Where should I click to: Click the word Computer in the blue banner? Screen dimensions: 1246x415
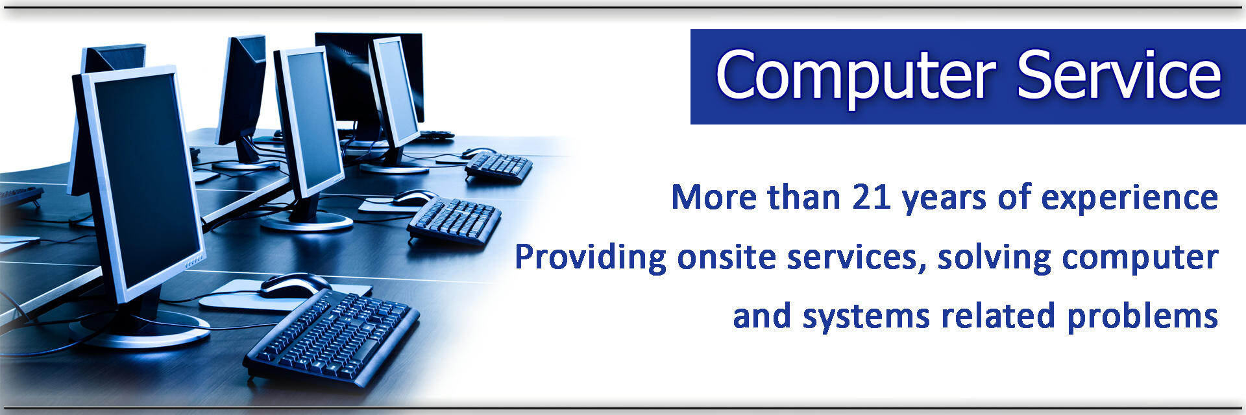855,77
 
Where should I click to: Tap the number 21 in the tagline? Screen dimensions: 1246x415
872,197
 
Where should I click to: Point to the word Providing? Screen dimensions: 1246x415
590,258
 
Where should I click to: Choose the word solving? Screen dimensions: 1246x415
994,258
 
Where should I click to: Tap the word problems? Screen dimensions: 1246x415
1143,317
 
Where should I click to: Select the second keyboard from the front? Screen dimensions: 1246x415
454,221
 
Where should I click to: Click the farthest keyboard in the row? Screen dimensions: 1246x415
498,167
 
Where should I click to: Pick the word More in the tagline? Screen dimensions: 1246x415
713,197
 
